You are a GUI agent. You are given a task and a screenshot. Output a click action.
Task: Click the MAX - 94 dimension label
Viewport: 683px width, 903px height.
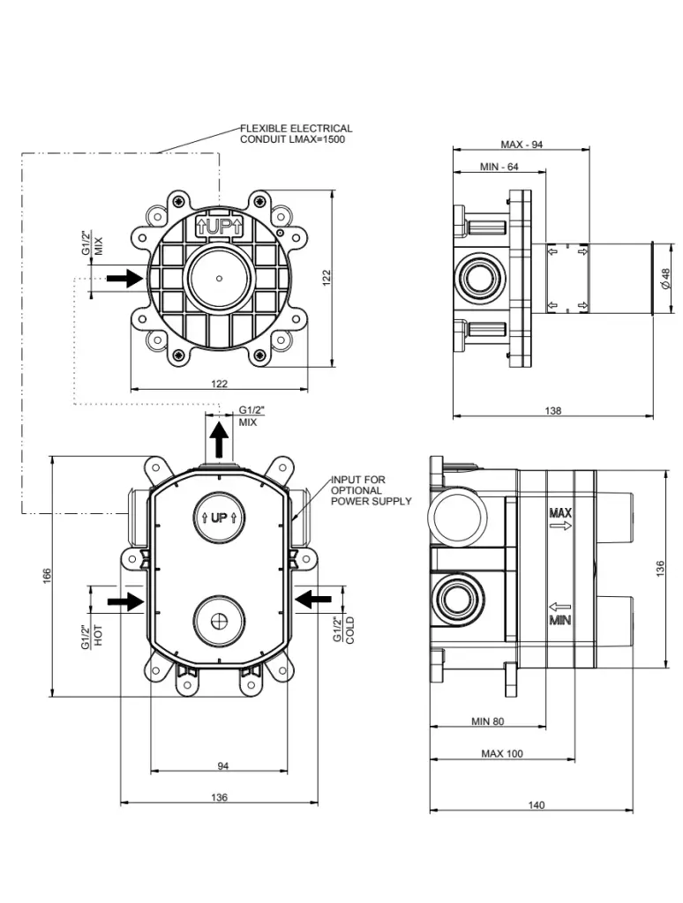tap(522, 145)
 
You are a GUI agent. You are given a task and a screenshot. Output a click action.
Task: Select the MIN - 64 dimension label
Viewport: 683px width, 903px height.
tap(499, 167)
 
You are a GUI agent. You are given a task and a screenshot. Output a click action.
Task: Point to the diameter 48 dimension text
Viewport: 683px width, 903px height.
tap(665, 278)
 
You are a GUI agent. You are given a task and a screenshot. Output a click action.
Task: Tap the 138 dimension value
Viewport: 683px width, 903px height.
tap(553, 411)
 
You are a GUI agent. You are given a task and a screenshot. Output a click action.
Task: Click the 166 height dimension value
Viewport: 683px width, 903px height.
tap(49, 575)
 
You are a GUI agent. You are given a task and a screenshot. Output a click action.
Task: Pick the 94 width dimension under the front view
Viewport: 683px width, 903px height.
tap(222, 766)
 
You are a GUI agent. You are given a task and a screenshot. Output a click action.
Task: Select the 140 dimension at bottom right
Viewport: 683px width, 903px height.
tap(536, 805)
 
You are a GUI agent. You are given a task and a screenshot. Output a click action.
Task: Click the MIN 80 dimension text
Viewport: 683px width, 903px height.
tap(487, 721)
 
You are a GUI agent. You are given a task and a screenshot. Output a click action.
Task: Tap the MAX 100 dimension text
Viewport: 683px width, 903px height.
tap(502, 754)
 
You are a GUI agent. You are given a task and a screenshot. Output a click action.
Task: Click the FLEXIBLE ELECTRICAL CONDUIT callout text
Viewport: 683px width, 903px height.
tap(296, 134)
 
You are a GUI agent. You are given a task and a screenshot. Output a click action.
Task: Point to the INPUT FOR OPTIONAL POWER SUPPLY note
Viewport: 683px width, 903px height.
tap(371, 490)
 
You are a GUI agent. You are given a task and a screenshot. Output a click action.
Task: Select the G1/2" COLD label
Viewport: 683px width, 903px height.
tap(343, 631)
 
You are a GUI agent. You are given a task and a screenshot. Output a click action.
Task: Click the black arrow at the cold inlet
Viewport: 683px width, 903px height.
tap(312, 600)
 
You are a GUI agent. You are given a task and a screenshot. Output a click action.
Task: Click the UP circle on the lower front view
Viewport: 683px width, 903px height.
tap(219, 518)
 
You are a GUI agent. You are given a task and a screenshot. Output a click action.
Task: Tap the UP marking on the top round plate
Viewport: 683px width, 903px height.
tap(217, 228)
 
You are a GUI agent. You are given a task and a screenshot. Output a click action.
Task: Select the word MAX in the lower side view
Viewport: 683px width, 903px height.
tap(560, 512)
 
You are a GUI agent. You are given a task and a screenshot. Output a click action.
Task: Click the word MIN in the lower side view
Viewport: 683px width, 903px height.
tap(559, 621)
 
